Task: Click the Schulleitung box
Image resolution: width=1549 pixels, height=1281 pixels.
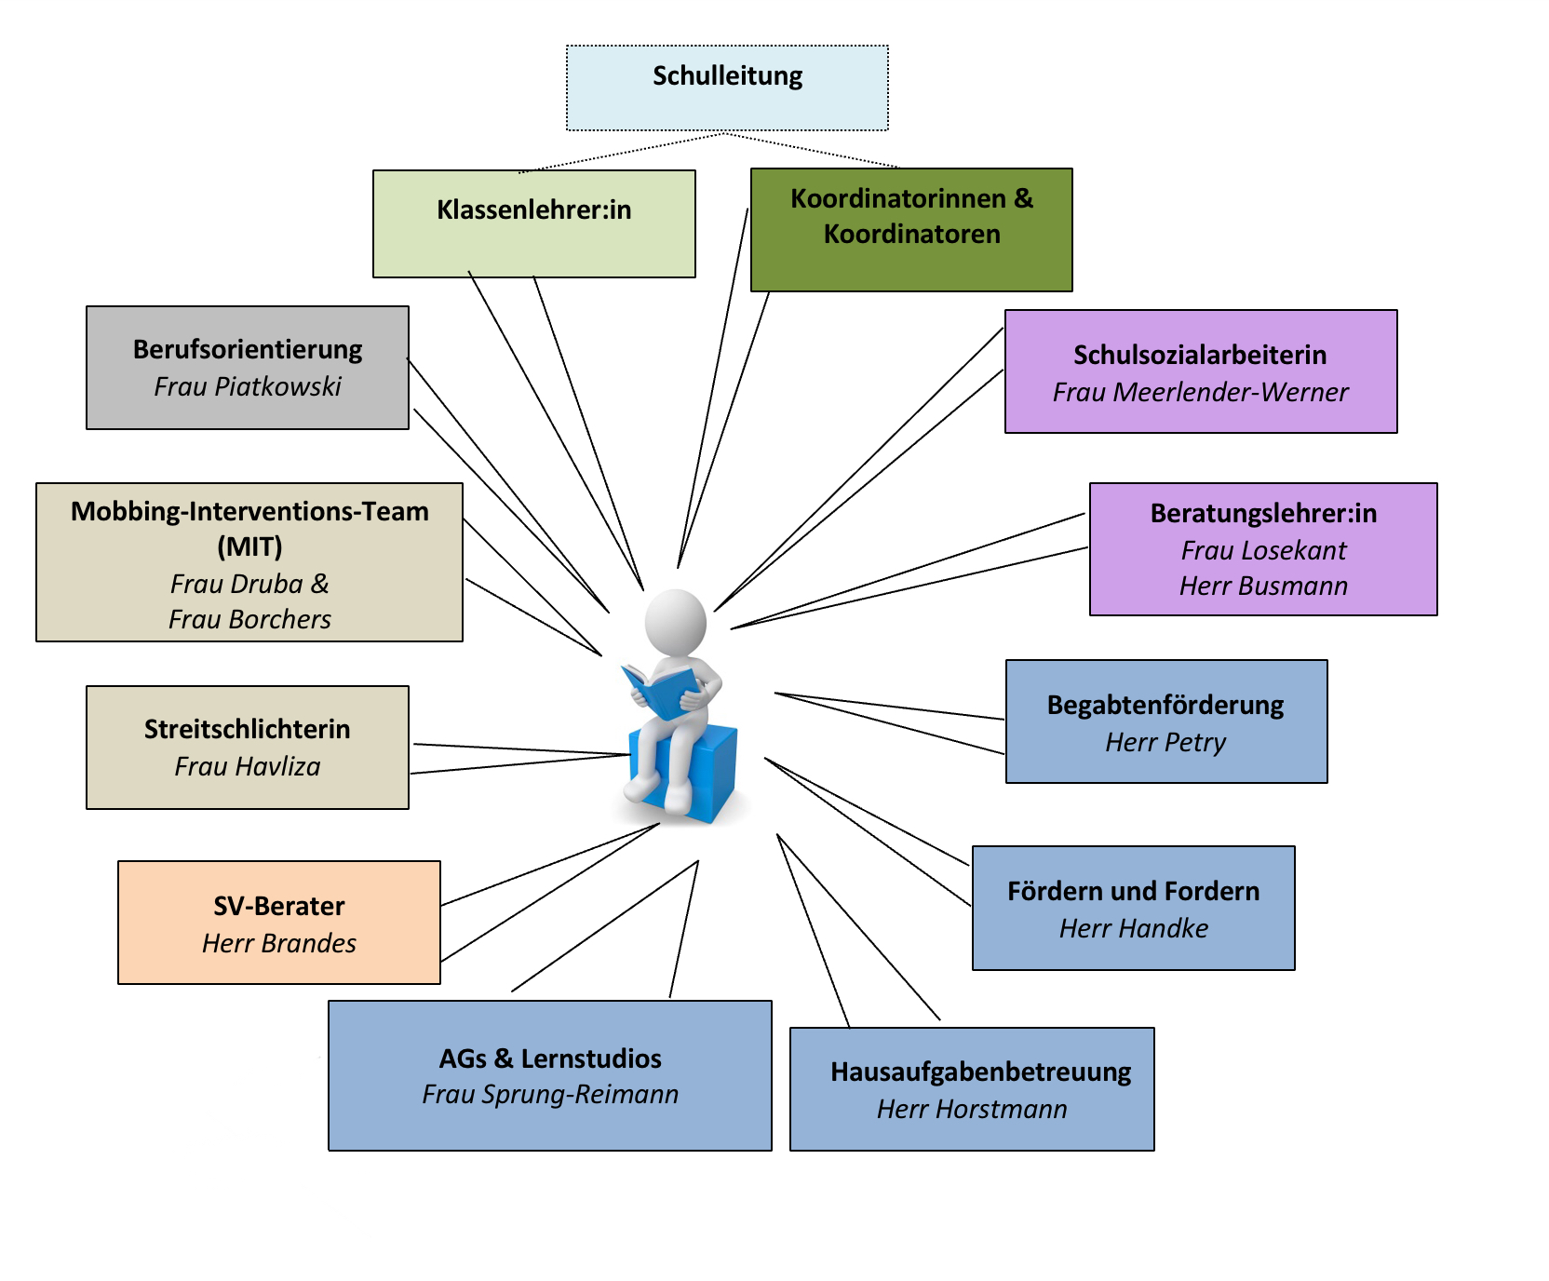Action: pos(727,88)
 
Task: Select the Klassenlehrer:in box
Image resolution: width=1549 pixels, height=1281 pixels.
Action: pos(533,223)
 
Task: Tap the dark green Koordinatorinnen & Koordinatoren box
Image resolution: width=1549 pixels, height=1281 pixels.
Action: pos(911,230)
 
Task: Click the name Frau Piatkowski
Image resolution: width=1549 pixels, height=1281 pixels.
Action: pos(248,386)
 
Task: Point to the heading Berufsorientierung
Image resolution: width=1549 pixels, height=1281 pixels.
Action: pos(248,349)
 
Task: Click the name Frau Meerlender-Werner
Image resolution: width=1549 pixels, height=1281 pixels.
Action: pos(1200,392)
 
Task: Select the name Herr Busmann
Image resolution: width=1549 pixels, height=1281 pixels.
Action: pos(1263,586)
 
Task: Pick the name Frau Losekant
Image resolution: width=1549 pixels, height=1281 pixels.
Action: pos(1263,550)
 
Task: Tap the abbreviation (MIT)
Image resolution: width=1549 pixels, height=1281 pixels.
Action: pos(249,546)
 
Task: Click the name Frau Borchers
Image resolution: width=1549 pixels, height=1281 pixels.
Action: pos(249,619)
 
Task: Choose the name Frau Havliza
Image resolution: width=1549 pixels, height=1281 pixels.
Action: pos(248,766)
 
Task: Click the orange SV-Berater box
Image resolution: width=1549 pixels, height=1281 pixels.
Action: pos(279,923)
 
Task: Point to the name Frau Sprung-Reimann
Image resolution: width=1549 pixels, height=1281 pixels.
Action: pos(550,1094)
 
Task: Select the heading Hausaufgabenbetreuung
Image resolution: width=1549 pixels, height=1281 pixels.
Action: pos(981,1072)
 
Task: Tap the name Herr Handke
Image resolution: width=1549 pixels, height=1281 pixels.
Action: pos(1134,928)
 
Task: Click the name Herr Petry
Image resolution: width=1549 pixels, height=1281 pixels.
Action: pos(1165,742)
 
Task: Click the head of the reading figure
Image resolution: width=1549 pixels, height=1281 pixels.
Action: pos(675,622)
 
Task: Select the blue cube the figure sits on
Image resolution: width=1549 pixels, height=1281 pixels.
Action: pos(685,773)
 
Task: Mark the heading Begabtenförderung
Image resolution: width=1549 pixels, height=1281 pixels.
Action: pos(1165,705)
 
